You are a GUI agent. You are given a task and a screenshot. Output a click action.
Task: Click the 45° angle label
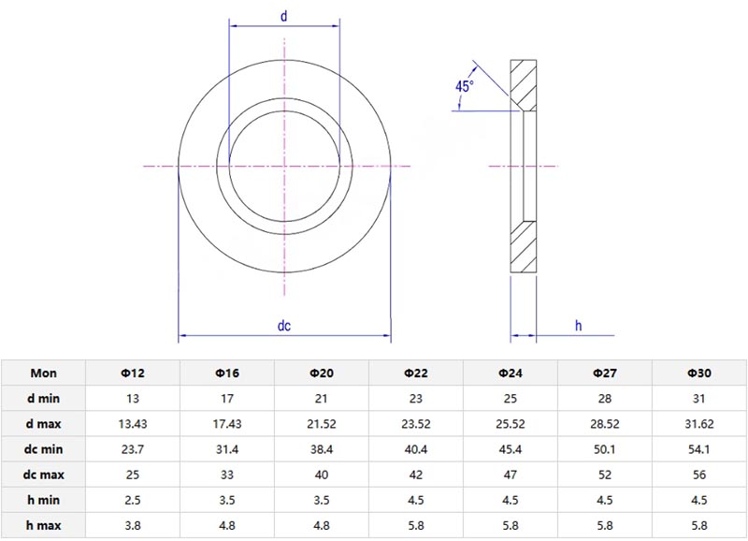click(465, 86)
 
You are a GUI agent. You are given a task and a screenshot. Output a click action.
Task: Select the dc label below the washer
click(284, 326)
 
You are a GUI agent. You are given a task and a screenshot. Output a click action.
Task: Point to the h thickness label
click(578, 326)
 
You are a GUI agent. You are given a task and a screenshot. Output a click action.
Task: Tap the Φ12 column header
click(133, 373)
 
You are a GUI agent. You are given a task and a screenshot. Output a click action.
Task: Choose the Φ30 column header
click(698, 373)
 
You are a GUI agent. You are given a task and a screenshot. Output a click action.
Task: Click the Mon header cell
click(43, 373)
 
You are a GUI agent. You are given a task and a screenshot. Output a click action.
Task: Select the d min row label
click(43, 398)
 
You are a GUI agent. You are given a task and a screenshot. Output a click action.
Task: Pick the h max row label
click(43, 525)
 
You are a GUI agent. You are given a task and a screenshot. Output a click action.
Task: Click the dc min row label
click(43, 449)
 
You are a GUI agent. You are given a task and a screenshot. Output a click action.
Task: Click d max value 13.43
click(133, 424)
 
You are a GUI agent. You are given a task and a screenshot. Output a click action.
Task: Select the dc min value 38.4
click(322, 449)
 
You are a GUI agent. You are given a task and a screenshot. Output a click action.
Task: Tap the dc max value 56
click(698, 475)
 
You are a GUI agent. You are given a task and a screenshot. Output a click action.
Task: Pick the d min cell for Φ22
click(416, 398)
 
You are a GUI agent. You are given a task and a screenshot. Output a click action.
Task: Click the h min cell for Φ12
click(133, 500)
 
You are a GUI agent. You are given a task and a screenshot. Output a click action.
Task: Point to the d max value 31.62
click(698, 424)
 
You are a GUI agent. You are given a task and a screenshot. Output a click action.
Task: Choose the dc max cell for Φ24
click(511, 475)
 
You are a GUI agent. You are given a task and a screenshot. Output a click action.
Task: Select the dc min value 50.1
click(605, 449)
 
